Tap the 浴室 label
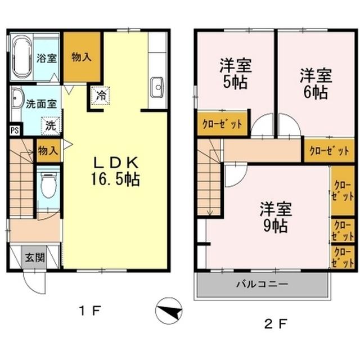coord(46,57)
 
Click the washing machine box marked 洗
coord(51,125)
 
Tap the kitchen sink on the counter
coord(157,87)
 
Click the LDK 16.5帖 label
coord(116,171)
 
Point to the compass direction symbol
coord(169,310)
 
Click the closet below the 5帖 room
coord(222,125)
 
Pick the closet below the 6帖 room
coord(328,151)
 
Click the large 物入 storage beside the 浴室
coord(82,56)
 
